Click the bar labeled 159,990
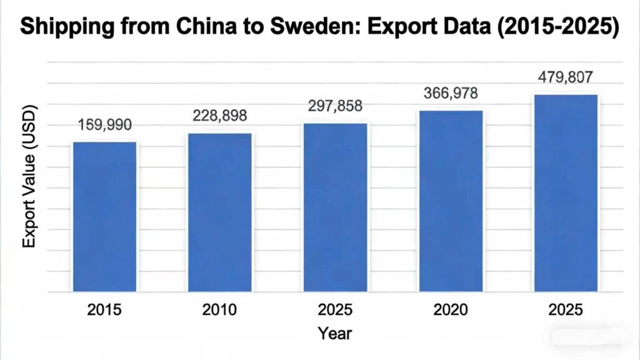(104, 216)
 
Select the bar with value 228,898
(220, 212)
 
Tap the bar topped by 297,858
(336, 207)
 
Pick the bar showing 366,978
(451, 201)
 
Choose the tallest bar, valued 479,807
(566, 192)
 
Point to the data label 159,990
(104, 125)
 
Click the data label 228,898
(220, 116)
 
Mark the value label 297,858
(336, 106)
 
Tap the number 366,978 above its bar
(451, 93)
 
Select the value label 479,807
(566, 77)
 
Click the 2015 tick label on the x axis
(104, 310)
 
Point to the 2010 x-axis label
(220, 310)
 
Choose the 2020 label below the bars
(451, 310)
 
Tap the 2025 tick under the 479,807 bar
(566, 310)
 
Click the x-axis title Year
(335, 333)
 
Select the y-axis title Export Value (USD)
(29, 177)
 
